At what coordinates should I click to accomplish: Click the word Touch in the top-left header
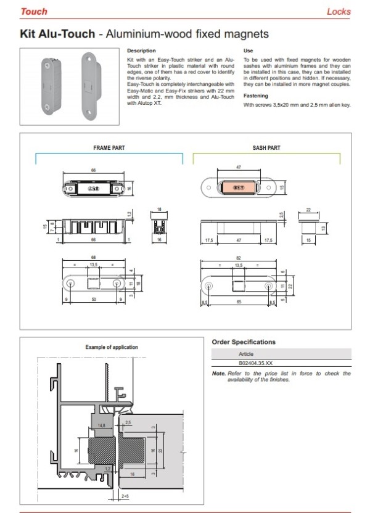[33, 11]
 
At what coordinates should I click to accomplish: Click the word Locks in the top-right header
[339, 11]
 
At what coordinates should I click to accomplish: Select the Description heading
[141, 51]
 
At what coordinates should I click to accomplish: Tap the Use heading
[248, 51]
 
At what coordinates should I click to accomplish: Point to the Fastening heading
[255, 96]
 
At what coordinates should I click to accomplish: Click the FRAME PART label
[109, 148]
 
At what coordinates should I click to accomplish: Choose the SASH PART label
[266, 148]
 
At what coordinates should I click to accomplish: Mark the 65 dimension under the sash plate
[238, 303]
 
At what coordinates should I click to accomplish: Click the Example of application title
[111, 347]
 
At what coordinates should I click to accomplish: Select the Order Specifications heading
[243, 342]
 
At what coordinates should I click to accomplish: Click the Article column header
[246, 355]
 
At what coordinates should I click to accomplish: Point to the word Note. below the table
[218, 374]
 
